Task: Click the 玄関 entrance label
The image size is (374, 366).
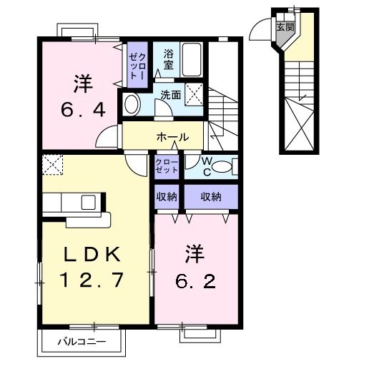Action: (285, 27)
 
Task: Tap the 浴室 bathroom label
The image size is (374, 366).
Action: (169, 59)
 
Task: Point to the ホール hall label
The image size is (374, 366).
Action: (172, 137)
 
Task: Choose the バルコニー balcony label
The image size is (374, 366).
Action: (82, 342)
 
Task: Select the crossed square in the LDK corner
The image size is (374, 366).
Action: (52, 165)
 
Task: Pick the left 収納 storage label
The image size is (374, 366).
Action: (167, 196)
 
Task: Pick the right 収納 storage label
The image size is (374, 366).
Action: (210, 196)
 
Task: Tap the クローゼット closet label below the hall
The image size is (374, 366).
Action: (167, 166)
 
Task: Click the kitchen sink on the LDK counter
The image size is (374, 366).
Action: (90, 201)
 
